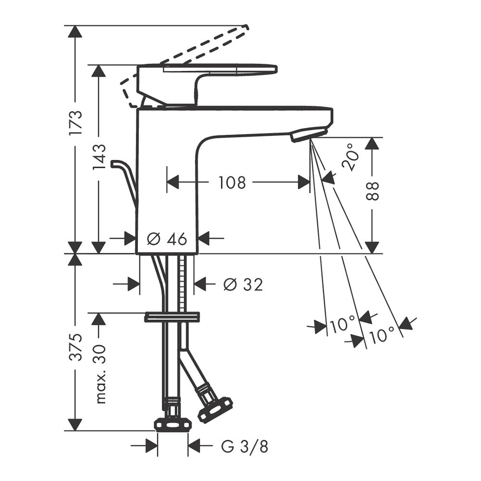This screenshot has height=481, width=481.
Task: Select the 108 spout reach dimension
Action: click(232, 182)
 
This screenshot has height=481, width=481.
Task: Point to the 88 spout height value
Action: click(372, 191)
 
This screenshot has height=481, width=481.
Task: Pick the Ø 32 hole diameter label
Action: click(243, 285)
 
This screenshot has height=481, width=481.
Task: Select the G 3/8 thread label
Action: click(244, 447)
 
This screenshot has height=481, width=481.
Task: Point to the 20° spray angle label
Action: click(350, 157)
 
